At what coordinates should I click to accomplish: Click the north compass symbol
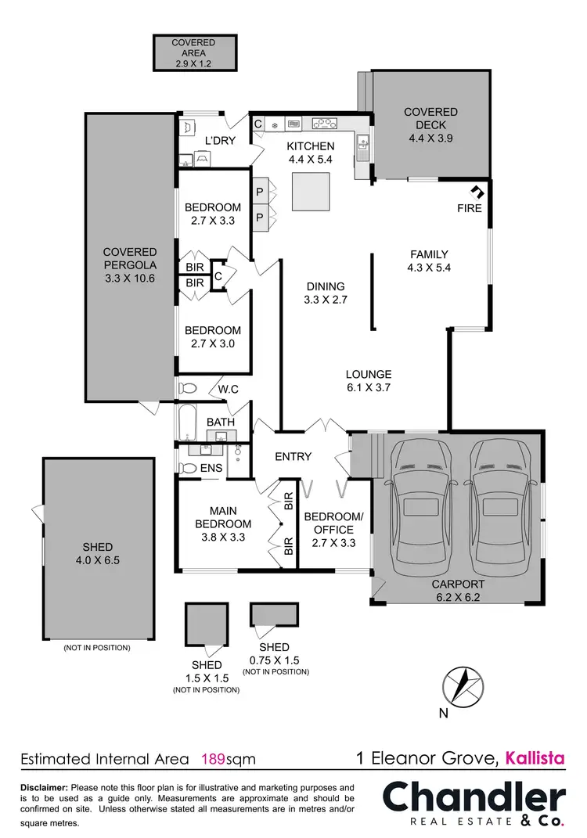tap(463, 689)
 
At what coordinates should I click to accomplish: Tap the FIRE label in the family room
tap(470, 208)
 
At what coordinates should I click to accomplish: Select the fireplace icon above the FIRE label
tap(475, 191)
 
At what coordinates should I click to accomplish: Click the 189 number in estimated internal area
tap(213, 758)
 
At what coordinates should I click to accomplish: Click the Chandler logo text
tap(473, 798)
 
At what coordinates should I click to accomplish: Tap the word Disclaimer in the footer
tap(44, 787)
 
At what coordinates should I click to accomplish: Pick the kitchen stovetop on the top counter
tap(324, 123)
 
